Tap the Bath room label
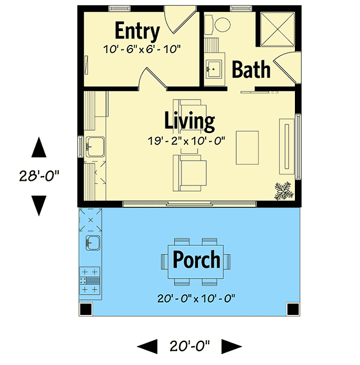(x=251, y=70)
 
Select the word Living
(x=190, y=121)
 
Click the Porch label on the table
(x=196, y=260)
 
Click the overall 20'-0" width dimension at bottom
(x=190, y=346)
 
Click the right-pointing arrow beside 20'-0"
(x=232, y=346)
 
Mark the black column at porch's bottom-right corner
(x=294, y=309)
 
